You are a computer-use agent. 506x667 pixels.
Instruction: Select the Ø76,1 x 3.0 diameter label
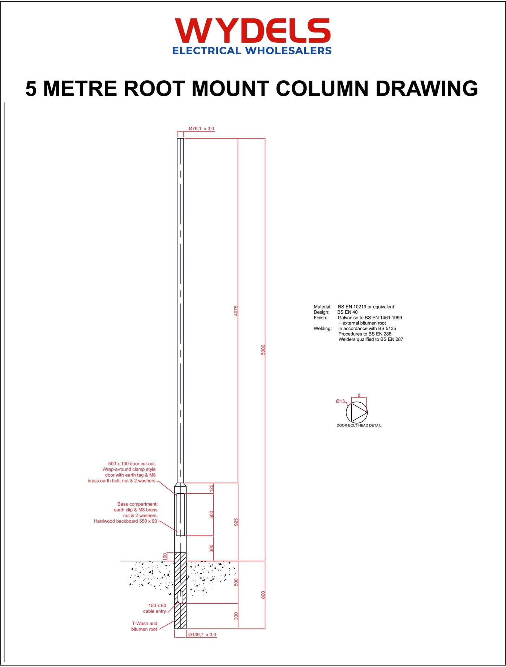point(201,129)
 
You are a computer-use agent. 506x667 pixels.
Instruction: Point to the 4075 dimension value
point(236,311)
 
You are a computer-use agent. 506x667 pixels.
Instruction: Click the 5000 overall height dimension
point(263,350)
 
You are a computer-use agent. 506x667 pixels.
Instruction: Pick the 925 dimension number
point(236,522)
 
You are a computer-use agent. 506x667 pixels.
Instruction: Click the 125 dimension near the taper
point(211,488)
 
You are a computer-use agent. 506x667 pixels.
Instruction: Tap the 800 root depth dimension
point(263,595)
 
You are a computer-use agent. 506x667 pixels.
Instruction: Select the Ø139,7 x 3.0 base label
point(202,635)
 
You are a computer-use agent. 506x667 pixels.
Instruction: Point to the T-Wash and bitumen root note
point(144,626)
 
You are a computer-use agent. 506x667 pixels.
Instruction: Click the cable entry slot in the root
point(180,597)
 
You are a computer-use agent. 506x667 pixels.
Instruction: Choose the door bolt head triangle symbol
point(359,412)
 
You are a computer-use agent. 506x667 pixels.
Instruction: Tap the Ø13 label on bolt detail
point(340,401)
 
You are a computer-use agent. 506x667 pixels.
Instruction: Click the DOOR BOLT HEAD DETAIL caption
point(359,425)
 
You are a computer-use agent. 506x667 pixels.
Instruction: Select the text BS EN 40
point(347,312)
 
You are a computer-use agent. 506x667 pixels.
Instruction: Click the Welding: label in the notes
point(322,328)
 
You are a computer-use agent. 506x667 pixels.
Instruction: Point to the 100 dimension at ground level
point(165,556)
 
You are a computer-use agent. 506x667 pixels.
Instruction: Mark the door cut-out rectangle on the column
point(180,514)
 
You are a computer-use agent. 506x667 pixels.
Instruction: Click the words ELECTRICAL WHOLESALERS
point(252,51)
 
